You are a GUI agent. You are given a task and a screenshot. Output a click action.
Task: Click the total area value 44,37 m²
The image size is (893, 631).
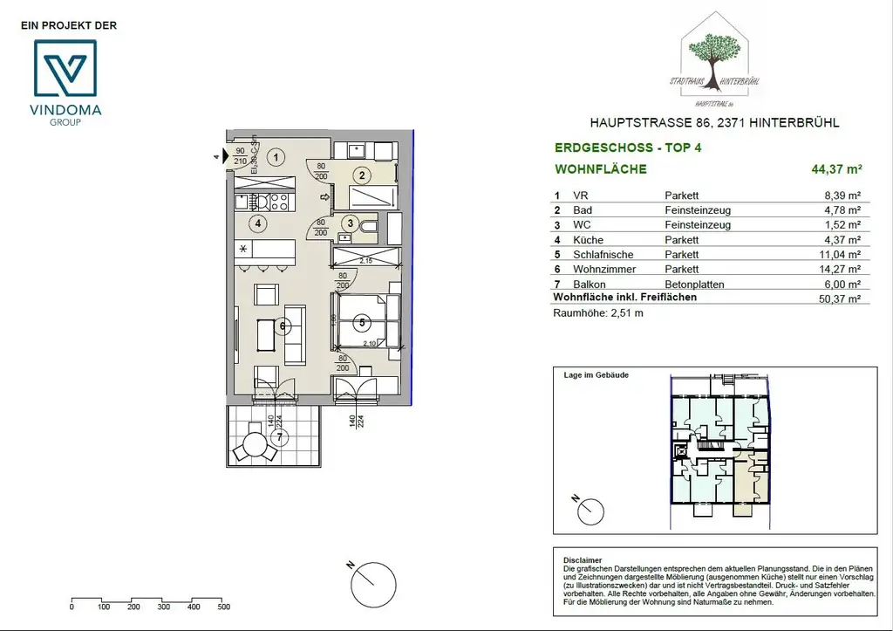[x=836, y=169]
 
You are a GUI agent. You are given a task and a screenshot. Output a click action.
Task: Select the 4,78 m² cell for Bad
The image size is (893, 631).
[x=842, y=210]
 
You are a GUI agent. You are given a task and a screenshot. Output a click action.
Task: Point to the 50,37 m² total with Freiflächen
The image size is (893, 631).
[x=842, y=298]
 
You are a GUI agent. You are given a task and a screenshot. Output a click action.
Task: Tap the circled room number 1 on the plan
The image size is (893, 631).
[x=276, y=158]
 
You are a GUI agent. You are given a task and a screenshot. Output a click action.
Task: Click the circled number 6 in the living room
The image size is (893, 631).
[x=283, y=327]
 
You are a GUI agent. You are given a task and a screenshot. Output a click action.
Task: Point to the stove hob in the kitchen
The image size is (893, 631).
[x=279, y=202]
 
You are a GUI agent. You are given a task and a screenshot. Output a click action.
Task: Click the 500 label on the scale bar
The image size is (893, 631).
[x=223, y=607]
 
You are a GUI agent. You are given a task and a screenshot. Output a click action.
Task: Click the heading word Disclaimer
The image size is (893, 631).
[x=582, y=561]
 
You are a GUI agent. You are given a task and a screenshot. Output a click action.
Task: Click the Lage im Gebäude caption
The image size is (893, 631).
[x=596, y=374]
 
